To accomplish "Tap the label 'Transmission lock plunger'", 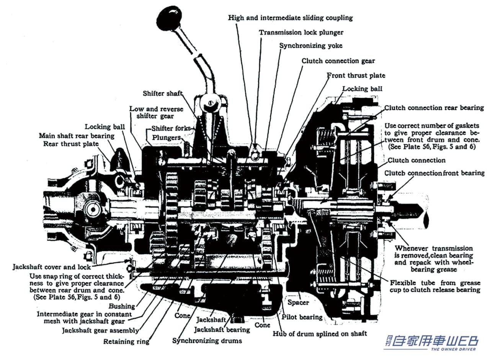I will pos(301,33).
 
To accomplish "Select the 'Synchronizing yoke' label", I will pos(310,46).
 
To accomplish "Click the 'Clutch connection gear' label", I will pos(338,61).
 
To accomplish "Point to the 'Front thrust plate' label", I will pos(356,75).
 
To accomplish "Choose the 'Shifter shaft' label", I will pos(162,93).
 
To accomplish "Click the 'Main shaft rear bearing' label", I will pos(77,136).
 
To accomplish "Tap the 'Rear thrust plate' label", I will pos(70,144).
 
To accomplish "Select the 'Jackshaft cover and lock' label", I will pos(52,267).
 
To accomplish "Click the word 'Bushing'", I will pos(122,306).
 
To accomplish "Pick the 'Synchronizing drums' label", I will pos(207,340).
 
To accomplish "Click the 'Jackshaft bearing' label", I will pos(222,329).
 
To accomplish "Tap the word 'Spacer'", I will pos(298,303).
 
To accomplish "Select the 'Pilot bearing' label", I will pos(302,317).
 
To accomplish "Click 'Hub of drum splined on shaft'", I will pos(320,333).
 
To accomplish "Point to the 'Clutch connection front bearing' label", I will pos(434,173).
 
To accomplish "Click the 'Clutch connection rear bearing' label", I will pos(434,108).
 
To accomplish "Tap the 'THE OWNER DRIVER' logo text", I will pos(454,349).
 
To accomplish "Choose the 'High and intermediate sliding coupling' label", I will pos(290,18).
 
